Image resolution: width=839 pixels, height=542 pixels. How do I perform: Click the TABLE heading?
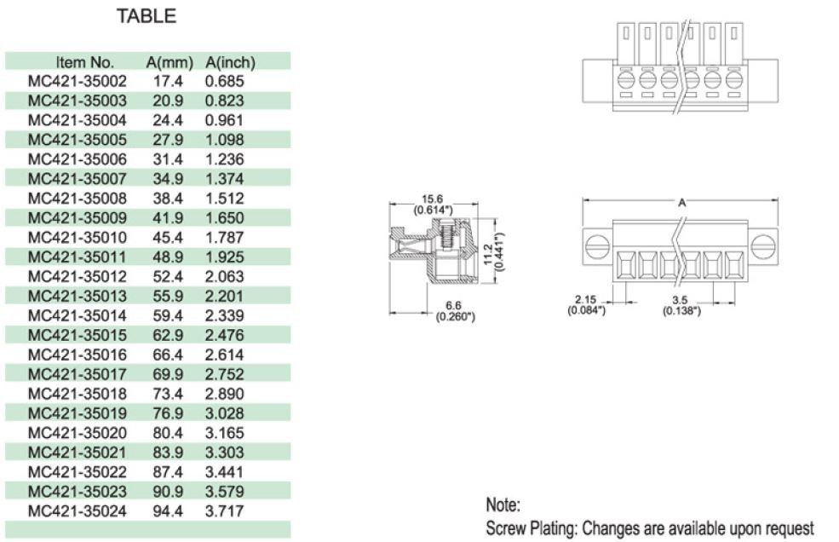point(147,15)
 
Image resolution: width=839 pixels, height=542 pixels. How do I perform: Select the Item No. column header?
point(85,62)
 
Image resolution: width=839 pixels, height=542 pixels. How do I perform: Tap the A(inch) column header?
point(230,62)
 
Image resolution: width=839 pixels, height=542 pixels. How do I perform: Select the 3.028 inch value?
point(224,413)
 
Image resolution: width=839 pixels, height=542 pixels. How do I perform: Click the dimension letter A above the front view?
point(681,203)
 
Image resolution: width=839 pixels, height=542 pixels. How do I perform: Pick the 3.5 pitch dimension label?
point(681,300)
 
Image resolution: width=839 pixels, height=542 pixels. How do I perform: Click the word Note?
point(503,505)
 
